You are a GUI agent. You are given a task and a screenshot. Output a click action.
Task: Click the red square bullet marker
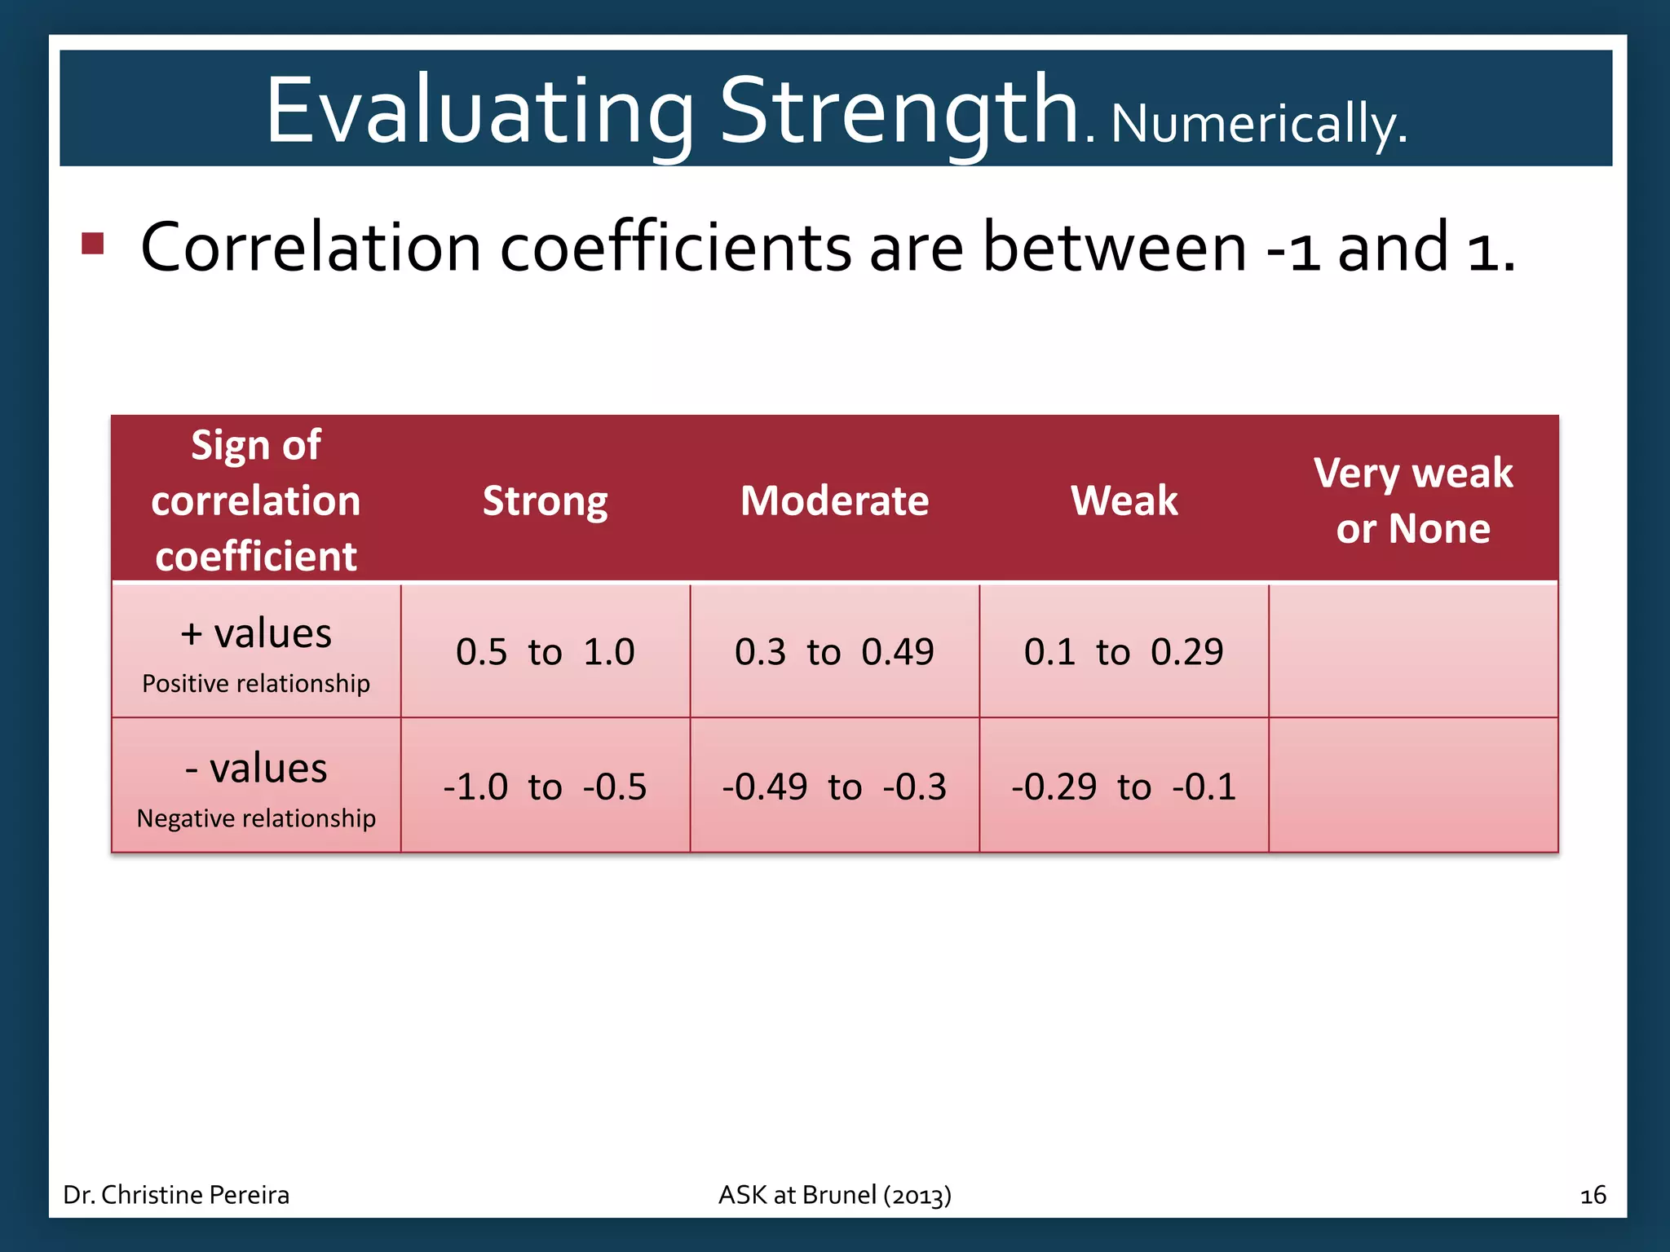click(x=93, y=244)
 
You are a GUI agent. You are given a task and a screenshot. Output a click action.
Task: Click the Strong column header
click(x=545, y=500)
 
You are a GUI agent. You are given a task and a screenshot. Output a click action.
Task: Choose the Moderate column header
click(x=834, y=500)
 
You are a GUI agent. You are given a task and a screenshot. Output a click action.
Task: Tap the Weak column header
click(x=1124, y=500)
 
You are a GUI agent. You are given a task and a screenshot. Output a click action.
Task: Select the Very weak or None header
click(x=1413, y=500)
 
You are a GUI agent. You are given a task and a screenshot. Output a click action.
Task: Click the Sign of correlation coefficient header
click(x=256, y=500)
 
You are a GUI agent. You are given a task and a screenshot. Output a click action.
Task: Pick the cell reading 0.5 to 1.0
click(x=545, y=652)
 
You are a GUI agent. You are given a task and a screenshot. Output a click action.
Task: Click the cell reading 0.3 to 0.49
click(x=834, y=652)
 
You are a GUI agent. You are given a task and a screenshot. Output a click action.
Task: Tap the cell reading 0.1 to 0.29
click(x=1124, y=652)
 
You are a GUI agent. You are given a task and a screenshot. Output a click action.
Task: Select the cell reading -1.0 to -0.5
click(x=545, y=787)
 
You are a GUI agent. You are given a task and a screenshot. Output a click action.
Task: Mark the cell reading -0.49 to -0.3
click(x=834, y=787)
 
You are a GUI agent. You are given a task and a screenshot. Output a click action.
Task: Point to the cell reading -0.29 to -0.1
click(x=1124, y=787)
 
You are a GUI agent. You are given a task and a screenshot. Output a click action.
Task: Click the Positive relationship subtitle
click(x=256, y=683)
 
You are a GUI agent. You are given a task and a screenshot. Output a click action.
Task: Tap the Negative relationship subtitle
click(x=256, y=818)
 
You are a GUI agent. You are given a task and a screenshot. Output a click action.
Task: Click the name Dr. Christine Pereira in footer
click(x=176, y=1195)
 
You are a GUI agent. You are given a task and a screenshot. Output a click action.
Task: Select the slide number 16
click(x=1593, y=1196)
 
